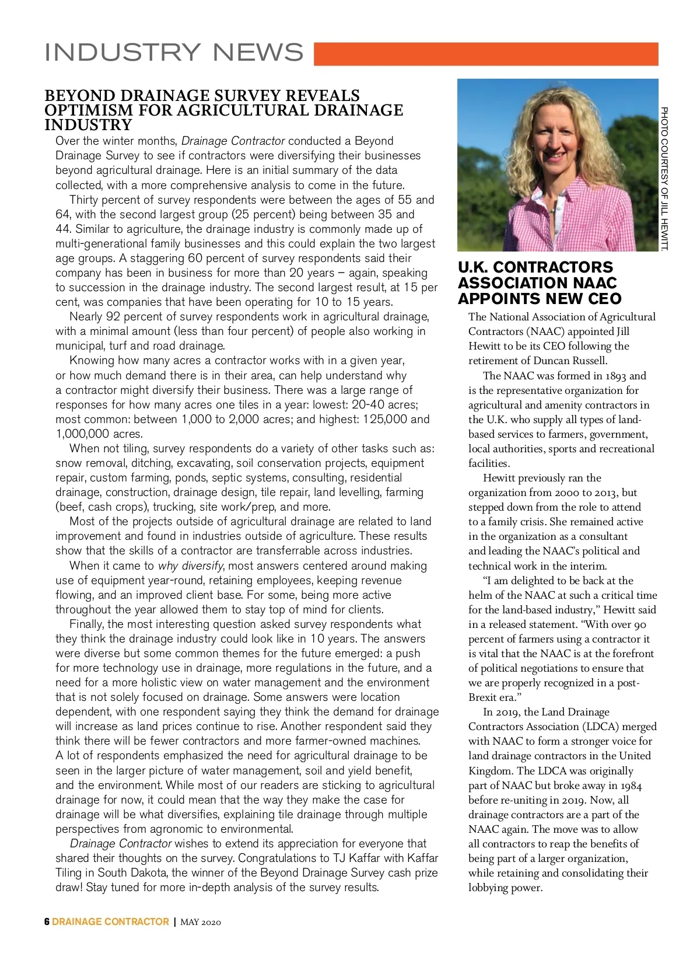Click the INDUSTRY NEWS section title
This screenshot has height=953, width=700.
tap(174, 52)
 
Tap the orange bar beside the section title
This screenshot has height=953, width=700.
tap(485, 54)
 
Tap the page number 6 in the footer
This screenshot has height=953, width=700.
tap(47, 922)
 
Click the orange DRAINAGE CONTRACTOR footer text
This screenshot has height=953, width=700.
tap(110, 922)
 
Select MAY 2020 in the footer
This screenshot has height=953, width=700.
tap(201, 923)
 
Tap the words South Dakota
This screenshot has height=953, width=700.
tap(128, 873)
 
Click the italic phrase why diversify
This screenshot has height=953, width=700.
tap(190, 566)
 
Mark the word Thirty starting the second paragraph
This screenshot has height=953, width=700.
tap(85, 200)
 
